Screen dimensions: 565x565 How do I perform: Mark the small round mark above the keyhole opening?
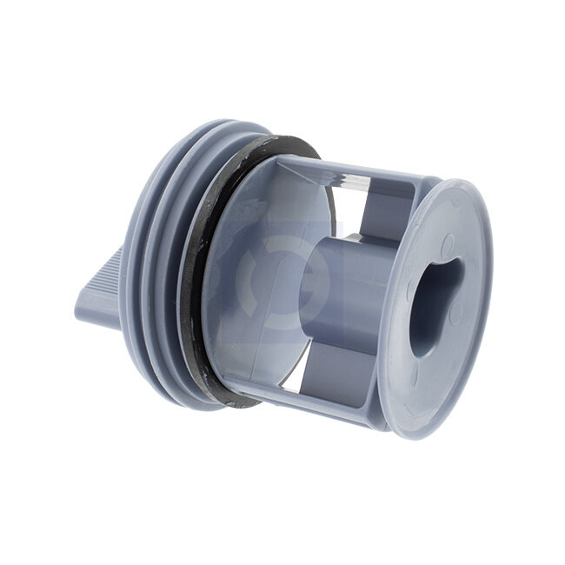[x=447, y=244]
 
